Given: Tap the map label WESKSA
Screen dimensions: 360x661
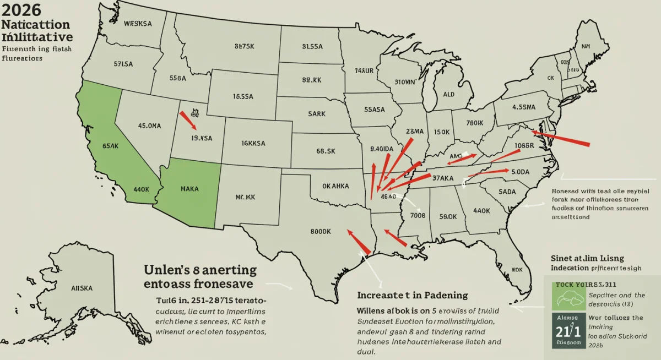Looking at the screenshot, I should (139, 24).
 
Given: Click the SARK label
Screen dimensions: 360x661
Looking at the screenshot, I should (316, 113).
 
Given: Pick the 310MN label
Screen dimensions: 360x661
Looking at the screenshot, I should (406, 83).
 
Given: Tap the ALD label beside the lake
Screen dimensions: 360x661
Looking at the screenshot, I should (448, 94).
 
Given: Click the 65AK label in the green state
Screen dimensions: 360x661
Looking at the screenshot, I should (110, 146).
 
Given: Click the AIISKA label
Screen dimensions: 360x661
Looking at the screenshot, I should (82, 287).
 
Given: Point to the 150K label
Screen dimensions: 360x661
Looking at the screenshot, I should (443, 132).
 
